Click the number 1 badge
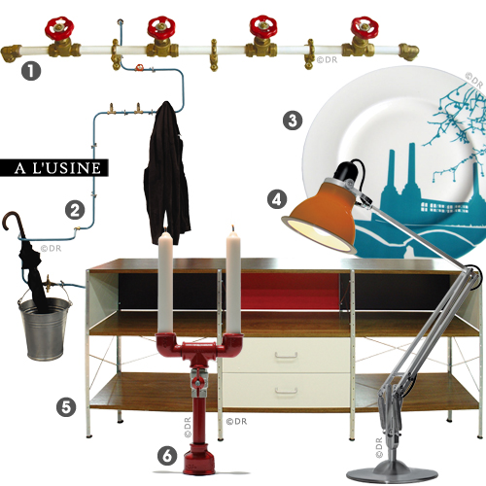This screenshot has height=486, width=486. point(31,71)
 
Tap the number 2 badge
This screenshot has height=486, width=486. point(75,210)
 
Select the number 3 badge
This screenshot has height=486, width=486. point(293,121)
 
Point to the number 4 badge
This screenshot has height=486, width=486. point(277,199)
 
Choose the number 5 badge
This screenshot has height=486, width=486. point(66,407)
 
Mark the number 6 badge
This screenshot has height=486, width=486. point(167,456)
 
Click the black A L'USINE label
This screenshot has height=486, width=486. point(53,168)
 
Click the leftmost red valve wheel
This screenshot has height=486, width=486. point(59,27)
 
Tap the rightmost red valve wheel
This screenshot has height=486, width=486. point(364,27)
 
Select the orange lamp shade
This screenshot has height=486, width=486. point(319,218)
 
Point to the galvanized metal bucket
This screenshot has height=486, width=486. point(45,329)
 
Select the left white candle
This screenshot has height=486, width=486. point(165,282)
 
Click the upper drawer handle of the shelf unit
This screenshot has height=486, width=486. point(287,356)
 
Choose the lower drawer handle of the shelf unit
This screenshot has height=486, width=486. point(287,391)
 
